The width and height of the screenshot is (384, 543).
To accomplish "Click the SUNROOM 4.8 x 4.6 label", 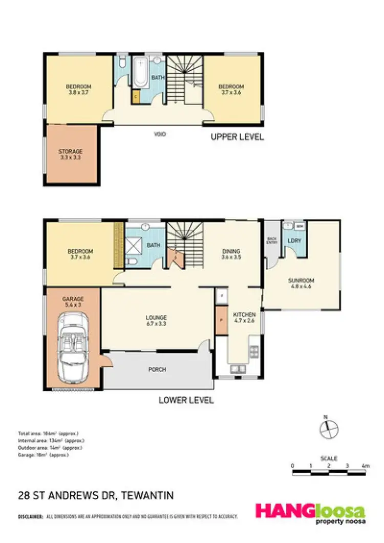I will pos(301,283).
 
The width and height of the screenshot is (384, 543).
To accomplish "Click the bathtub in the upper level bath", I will pos(140,73).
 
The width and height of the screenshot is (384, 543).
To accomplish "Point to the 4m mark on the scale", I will pos(365,466).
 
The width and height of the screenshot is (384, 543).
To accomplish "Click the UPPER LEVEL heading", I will pos(238,137).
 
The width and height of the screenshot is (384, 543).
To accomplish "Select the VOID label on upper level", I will pos(160,134).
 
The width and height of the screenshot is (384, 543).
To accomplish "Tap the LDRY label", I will pos(294,240).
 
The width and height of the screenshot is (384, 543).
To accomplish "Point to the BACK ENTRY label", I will pos(272,240).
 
